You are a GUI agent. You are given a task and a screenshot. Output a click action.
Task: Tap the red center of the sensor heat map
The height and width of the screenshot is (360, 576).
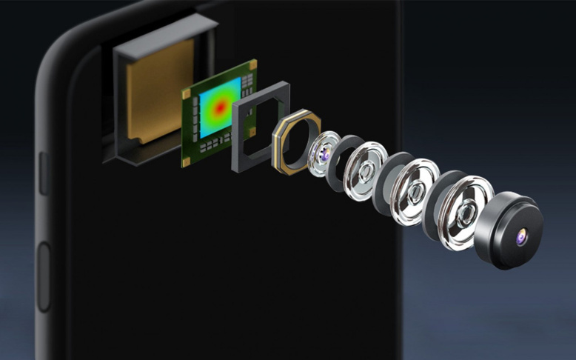click(x=220, y=107)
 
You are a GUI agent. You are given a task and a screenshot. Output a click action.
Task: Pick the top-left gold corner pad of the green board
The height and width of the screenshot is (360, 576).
click(x=186, y=94)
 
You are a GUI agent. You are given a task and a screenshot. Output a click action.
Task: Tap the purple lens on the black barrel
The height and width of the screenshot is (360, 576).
click(x=520, y=236)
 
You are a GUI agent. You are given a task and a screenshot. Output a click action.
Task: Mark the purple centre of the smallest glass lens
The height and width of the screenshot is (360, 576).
click(x=324, y=153)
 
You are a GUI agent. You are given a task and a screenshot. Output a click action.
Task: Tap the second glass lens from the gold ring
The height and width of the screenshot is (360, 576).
click(x=366, y=173)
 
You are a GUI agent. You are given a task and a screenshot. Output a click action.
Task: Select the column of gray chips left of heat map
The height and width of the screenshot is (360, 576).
click(x=194, y=119)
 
